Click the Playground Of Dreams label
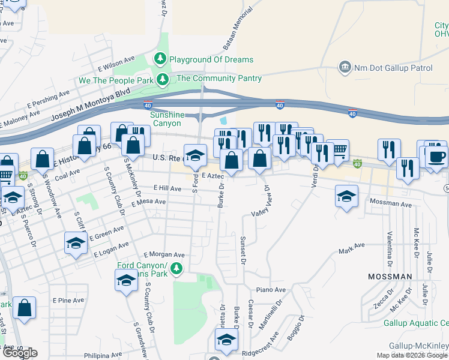211,59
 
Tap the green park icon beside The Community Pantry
163,79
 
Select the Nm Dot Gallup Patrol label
393,68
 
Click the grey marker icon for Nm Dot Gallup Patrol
345,67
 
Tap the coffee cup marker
437,158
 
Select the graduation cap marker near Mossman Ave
347,196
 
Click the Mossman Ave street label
391,204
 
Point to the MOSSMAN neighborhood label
390,277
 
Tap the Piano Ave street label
268,290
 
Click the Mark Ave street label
351,248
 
